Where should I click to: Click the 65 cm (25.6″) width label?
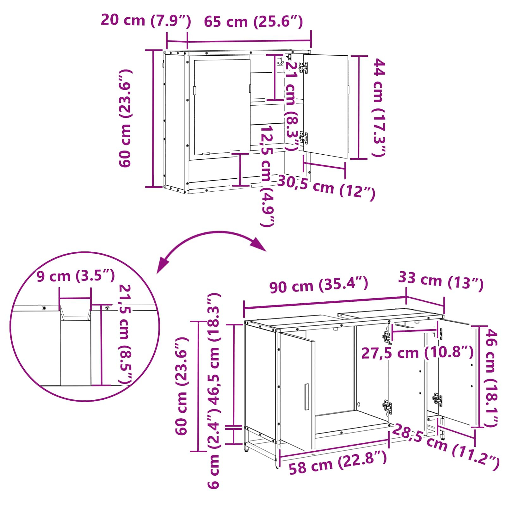pos(253,22)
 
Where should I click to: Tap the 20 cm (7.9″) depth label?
pos(146,20)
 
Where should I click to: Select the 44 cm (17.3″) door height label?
pos(379,107)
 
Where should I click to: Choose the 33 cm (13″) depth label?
pos(441,281)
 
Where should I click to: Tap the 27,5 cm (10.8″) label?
pos(417,353)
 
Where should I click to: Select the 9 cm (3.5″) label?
pos(76,276)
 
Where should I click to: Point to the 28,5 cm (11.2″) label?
pos(445,446)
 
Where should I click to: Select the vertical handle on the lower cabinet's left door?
pos(306,397)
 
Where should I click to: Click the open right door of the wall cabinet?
pos(326,106)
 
